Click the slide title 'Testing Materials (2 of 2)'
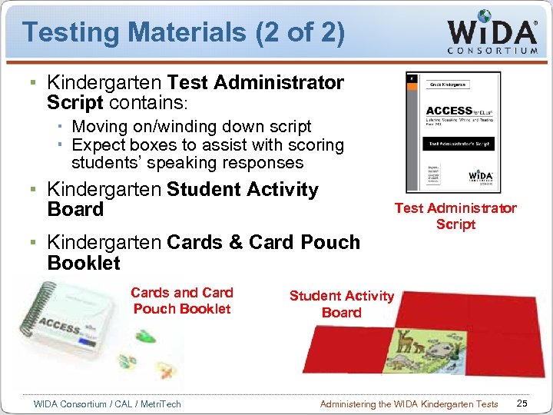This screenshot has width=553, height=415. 183,32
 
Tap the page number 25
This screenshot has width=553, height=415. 522,403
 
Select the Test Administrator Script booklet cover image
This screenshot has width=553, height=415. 453,131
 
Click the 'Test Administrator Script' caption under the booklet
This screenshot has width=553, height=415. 455,216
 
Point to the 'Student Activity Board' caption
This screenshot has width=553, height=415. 341,304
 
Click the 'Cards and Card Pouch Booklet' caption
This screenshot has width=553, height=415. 182,300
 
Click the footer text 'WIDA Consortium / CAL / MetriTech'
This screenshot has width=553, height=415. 108,403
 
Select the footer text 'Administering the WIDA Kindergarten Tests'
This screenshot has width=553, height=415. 409,403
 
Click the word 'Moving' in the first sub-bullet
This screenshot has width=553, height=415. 97,126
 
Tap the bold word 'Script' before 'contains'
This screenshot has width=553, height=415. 75,101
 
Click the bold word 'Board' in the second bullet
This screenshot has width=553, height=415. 75,209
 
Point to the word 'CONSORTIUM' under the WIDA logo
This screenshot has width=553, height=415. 492,51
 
